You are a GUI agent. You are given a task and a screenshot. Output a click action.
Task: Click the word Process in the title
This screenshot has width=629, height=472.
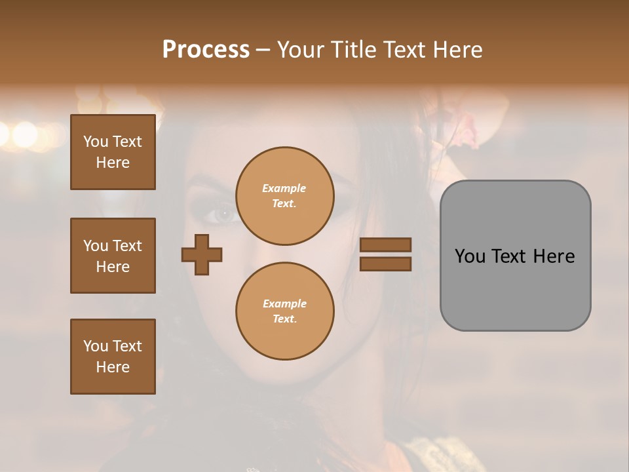coord(206,50)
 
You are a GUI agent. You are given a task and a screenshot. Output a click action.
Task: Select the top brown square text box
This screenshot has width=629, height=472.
coord(113,152)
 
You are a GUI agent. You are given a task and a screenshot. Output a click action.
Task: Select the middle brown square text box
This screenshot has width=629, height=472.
coord(113,256)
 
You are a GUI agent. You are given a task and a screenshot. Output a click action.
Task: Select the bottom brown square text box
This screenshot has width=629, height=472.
coord(113,357)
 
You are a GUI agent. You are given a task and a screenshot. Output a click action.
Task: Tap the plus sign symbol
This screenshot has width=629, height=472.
coord(202,254)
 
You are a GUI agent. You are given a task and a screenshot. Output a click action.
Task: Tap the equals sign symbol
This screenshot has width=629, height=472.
coord(386,254)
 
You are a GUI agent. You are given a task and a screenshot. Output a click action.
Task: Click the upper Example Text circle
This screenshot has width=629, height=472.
coord(284,196)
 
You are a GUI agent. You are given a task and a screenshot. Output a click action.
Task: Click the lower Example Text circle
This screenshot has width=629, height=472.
coord(284,311)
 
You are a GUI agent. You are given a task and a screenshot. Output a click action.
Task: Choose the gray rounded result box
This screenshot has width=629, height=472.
coord(515,256)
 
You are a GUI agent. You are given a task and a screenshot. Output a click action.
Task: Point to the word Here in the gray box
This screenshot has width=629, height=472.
coord(554,256)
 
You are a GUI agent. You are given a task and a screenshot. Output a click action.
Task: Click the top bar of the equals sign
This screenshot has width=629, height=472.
coord(386,245)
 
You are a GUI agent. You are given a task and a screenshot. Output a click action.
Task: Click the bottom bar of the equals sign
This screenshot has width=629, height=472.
coord(386,264)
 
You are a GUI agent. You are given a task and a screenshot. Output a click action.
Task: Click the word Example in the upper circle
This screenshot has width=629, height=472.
coord(284,188)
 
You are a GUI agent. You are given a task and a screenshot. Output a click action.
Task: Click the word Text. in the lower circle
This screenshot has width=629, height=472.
coord(284,319)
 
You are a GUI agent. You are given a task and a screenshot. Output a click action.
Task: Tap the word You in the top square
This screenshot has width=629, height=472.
coord(96,142)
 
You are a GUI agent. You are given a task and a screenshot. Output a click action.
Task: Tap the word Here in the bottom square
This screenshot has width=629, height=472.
coord(113,367)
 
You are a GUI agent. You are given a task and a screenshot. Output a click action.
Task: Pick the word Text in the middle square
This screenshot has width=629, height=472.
coord(126,246)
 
